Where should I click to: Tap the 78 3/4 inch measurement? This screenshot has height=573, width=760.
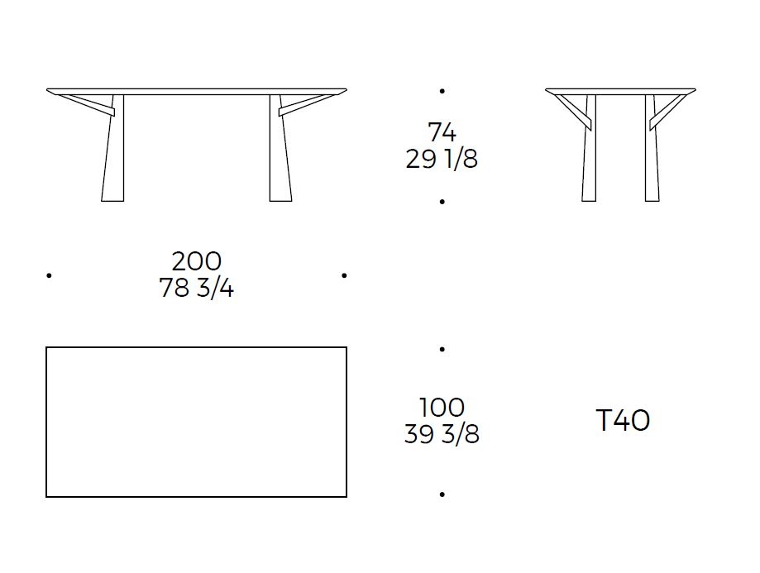pos(197,288)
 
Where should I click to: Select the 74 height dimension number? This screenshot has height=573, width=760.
pos(442,131)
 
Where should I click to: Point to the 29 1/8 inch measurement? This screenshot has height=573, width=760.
pos(442,159)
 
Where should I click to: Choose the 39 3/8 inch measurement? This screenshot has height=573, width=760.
pos(442,434)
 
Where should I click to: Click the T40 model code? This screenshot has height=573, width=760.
pos(623,420)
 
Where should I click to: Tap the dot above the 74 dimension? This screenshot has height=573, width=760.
pos(442,91)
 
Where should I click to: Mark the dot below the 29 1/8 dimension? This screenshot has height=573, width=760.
pos(442,202)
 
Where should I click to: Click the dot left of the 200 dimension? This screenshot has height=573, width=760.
pos(49,275)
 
